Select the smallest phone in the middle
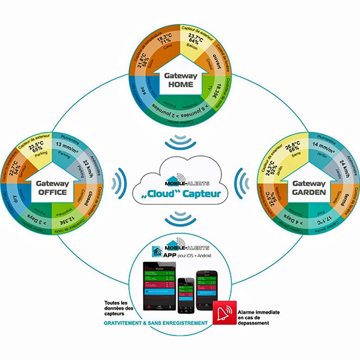pyautogui.click(x=187, y=293)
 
